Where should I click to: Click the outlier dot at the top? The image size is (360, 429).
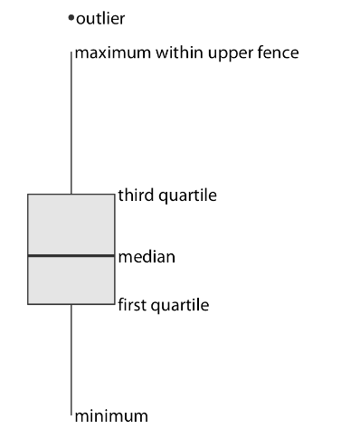pyautogui.click(x=71, y=18)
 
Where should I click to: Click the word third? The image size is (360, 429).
pyautogui.click(x=135, y=195)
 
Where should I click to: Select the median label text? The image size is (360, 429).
pyautogui.click(x=147, y=257)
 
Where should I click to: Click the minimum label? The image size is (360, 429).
pyautogui.click(x=111, y=415)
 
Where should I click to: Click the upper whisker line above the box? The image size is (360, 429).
pyautogui.click(x=71, y=127)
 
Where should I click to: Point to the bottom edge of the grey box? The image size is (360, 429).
pyautogui.click(x=54, y=304)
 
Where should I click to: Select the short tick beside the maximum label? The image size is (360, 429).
pyautogui.click(x=72, y=53)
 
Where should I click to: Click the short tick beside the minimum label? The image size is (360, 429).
pyautogui.click(x=72, y=415)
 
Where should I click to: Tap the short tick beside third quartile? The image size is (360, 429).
pyautogui.click(x=116, y=194)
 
